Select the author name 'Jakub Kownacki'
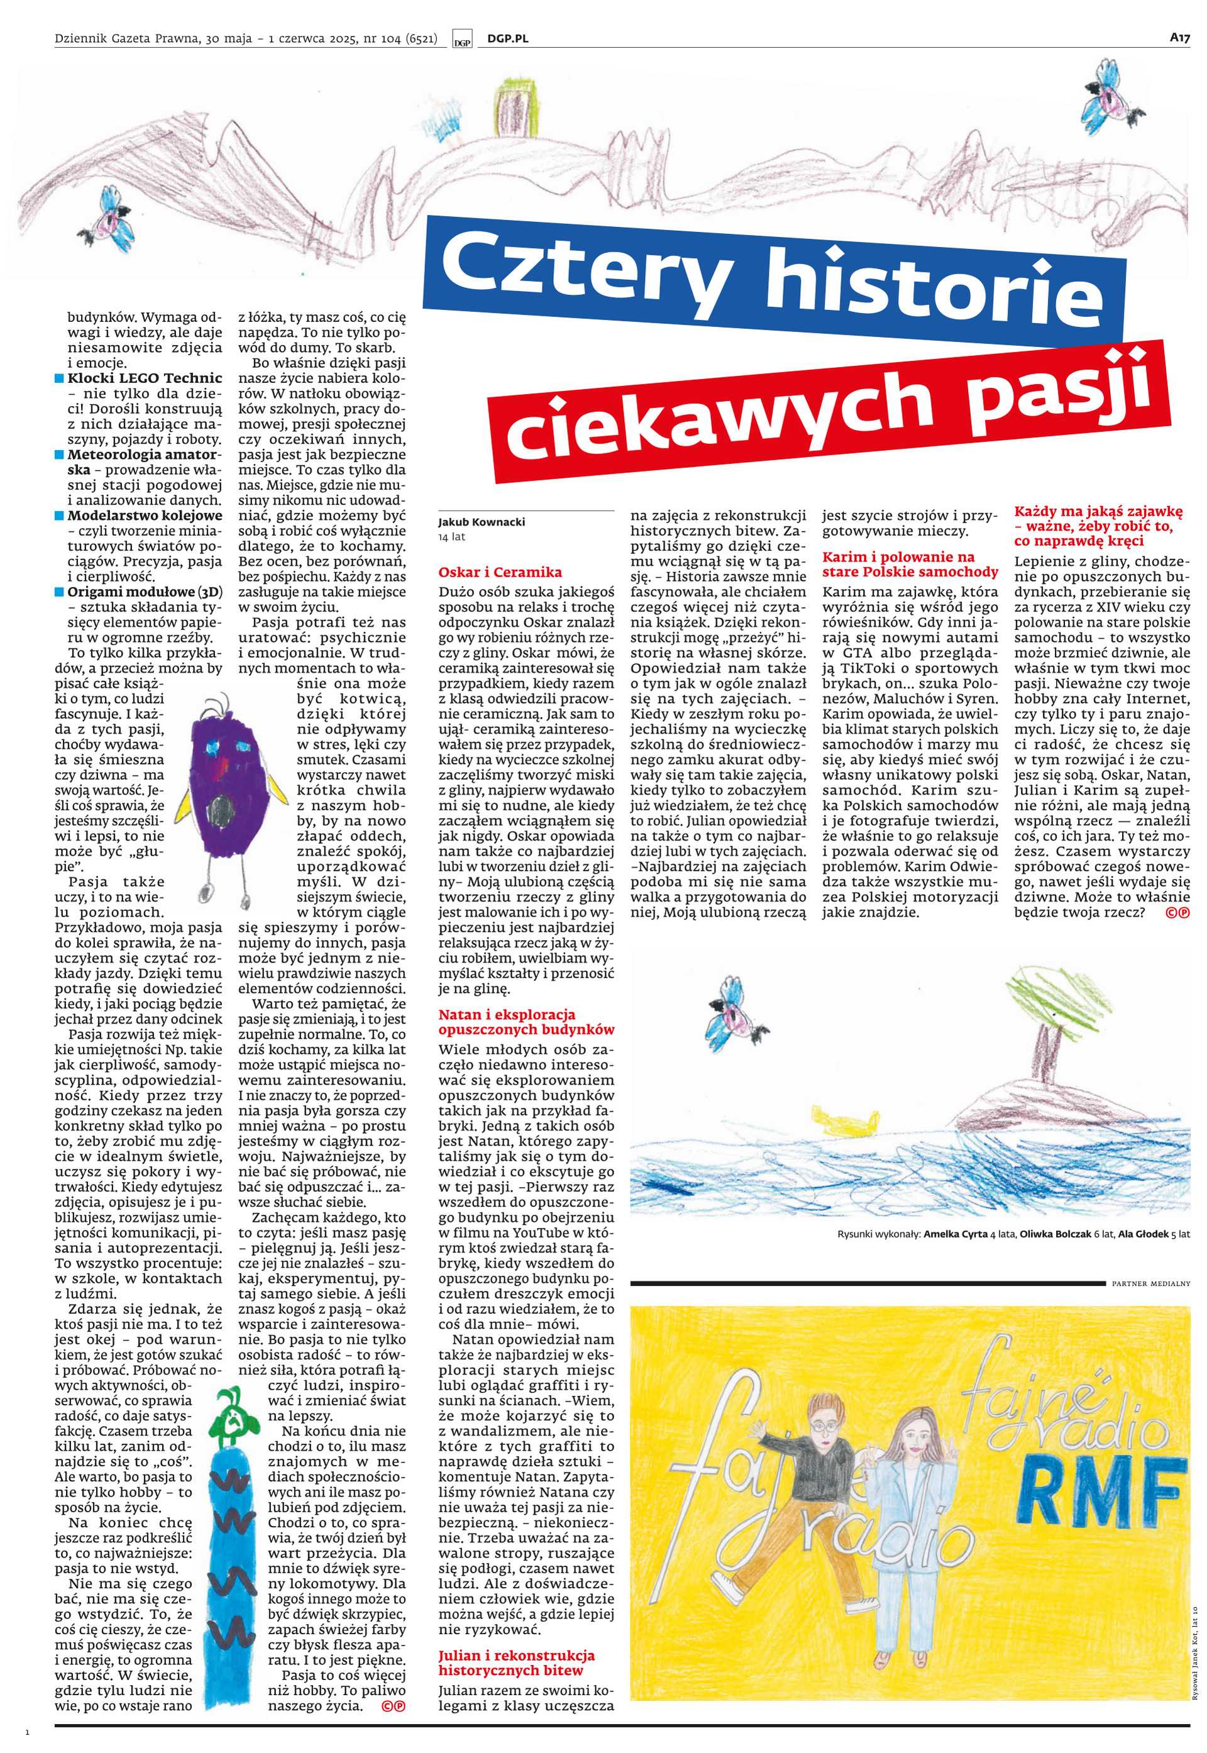(x=481, y=522)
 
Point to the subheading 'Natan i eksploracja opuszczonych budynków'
(x=526, y=1022)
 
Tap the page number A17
(x=1180, y=37)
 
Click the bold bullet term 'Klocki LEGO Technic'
(x=145, y=378)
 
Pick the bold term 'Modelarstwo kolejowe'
(x=145, y=516)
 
